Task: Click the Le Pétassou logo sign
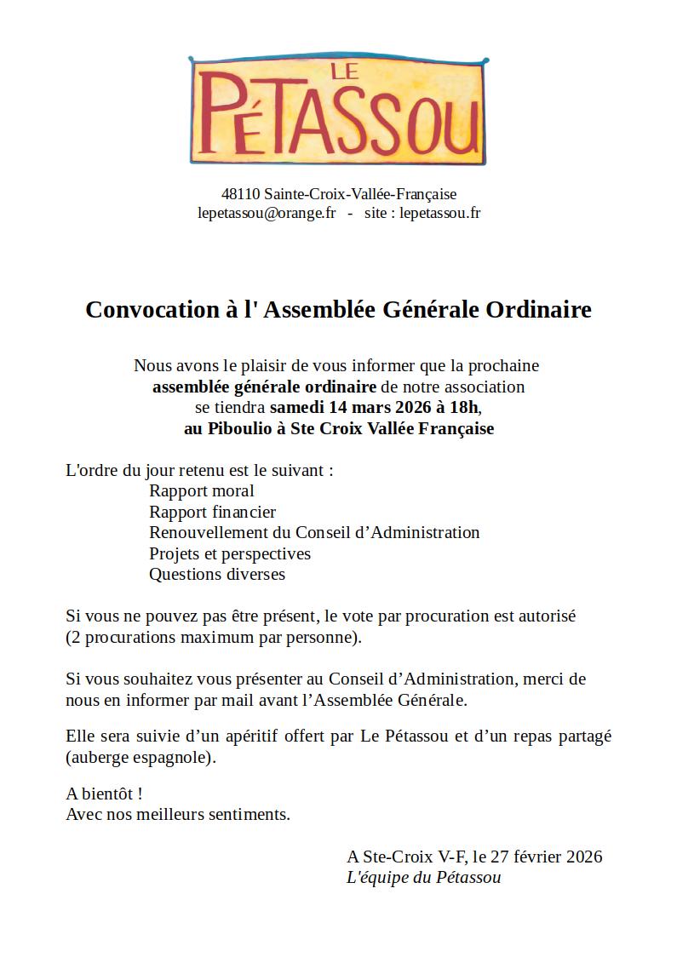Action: click(338, 111)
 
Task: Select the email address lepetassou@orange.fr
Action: click(267, 213)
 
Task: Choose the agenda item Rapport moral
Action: click(202, 490)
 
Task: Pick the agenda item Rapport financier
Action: click(212, 512)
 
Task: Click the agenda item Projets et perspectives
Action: click(230, 553)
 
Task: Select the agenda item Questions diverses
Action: click(217, 574)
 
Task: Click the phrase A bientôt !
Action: click(104, 794)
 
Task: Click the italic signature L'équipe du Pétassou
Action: click(423, 877)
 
